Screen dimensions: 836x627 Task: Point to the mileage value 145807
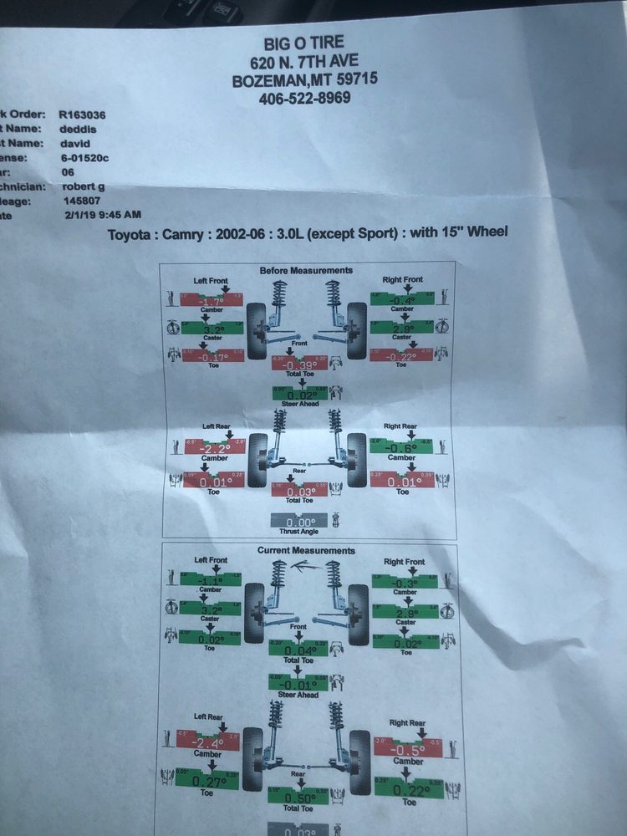click(81, 201)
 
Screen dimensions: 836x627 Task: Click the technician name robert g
click(84, 186)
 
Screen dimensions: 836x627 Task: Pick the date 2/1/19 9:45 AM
click(102, 216)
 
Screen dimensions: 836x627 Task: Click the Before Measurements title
click(306, 270)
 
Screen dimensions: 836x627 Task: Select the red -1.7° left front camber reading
click(212, 300)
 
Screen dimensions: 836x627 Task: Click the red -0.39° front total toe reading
click(300, 364)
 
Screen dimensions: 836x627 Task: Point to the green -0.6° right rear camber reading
click(401, 447)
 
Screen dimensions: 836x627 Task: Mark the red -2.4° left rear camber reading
click(206, 742)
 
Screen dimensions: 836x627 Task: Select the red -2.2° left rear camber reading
click(212, 448)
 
